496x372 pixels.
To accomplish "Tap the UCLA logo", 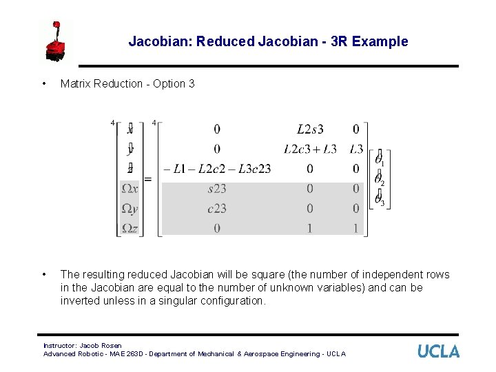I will pyautogui.click(x=438, y=351).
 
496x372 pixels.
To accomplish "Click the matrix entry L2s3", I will pyautogui.click(x=309, y=130).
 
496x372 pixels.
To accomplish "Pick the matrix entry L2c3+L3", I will pyautogui.click(x=310, y=149).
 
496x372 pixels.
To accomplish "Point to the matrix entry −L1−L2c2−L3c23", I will pyautogui.click(x=217, y=169).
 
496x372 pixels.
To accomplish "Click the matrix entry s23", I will pyautogui.click(x=217, y=188).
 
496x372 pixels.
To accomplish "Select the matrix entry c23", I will pyautogui.click(x=217, y=208).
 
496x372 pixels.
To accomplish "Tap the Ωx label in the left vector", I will pyautogui.click(x=130, y=188).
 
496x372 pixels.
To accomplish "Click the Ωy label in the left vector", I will pyautogui.click(x=130, y=208).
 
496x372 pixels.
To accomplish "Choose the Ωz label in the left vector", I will pyautogui.click(x=130, y=228).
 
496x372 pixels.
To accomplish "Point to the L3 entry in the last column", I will pyautogui.click(x=355, y=149).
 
